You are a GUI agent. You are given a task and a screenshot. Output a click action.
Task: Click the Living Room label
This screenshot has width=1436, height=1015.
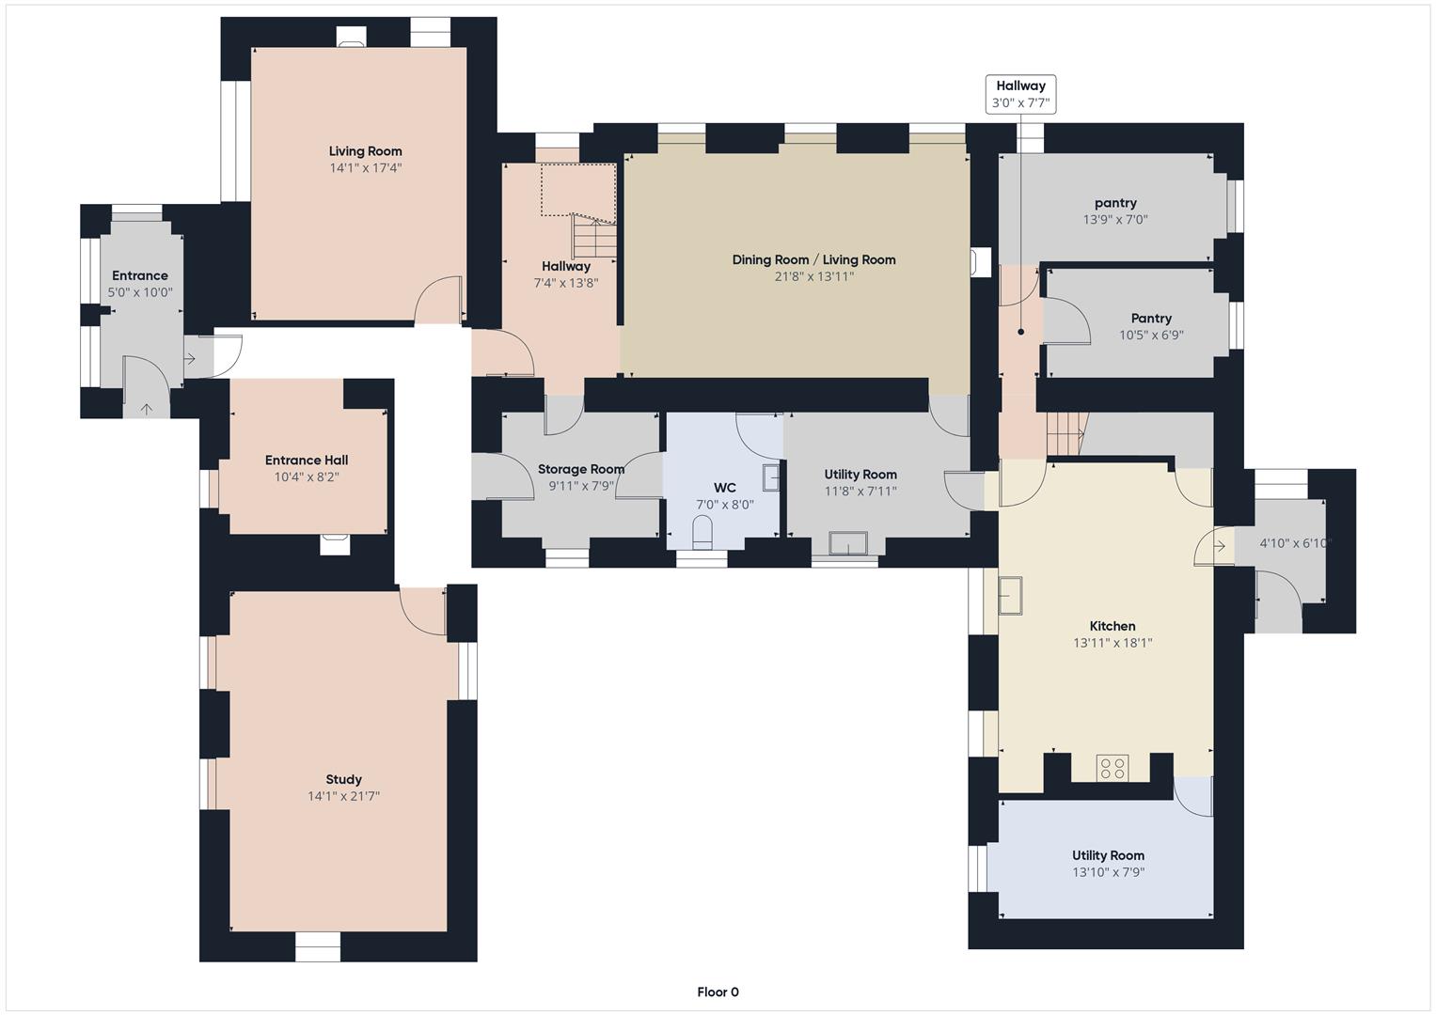[365, 151]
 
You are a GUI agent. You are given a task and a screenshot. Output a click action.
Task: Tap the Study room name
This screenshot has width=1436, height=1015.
[343, 779]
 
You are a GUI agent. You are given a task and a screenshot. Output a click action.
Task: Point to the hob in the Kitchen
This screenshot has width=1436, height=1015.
[1113, 768]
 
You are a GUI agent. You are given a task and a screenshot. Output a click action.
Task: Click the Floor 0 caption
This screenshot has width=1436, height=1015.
[718, 992]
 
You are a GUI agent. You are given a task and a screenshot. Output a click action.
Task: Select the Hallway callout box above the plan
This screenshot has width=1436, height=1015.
[1020, 94]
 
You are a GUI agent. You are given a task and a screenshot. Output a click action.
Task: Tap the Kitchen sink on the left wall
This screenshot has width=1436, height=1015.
[1010, 595]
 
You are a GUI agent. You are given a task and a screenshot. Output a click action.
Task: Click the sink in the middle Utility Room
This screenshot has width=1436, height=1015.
[847, 544]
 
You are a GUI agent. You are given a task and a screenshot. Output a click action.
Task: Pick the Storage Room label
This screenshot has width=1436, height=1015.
[580, 469]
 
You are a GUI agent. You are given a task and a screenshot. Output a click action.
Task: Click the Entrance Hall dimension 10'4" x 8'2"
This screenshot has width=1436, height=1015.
[307, 476]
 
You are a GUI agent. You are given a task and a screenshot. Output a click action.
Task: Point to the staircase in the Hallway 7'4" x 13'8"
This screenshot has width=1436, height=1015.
[592, 237]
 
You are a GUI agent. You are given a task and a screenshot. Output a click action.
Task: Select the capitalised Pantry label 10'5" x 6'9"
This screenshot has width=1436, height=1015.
[1151, 319]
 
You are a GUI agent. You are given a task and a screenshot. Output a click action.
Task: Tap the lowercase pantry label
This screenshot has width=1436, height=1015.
[1115, 203]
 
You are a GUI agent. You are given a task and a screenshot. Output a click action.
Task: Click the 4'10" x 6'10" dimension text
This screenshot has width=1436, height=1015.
[1295, 543]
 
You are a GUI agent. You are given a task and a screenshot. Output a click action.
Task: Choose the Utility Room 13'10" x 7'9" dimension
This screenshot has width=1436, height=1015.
[1108, 872]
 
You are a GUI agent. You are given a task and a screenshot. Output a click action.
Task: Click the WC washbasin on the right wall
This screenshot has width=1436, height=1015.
[771, 477]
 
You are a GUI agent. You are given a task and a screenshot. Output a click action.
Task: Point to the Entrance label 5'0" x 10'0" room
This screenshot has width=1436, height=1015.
[140, 275]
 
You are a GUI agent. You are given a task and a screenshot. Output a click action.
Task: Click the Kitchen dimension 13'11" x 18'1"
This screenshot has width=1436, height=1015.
[1113, 643]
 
